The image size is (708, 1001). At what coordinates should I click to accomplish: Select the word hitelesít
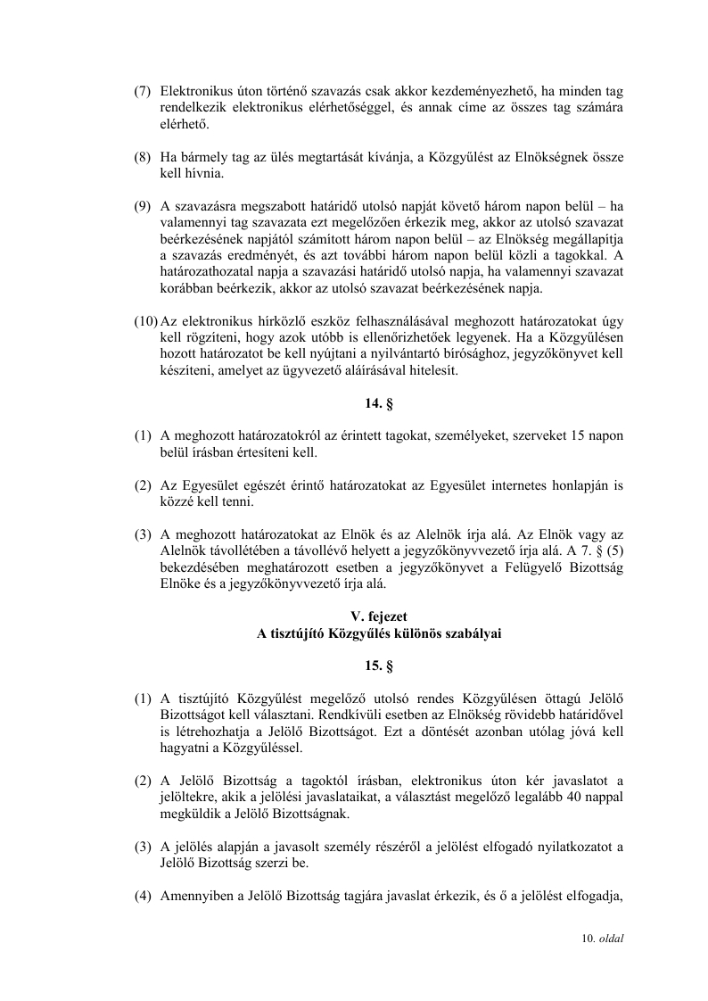[x=432, y=371]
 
